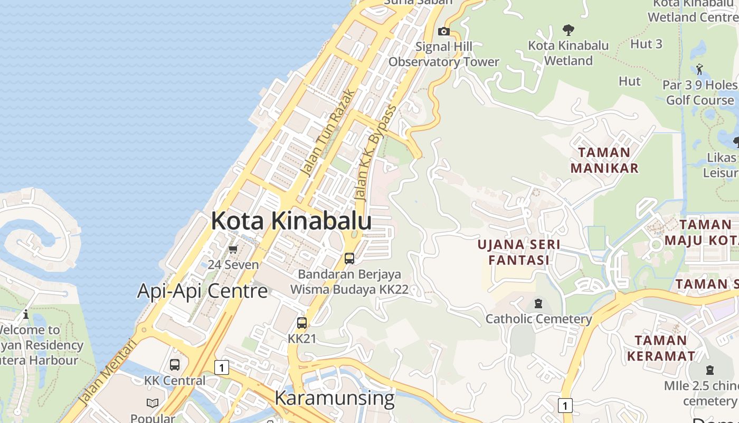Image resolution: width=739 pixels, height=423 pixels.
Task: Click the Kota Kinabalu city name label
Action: click(291, 220)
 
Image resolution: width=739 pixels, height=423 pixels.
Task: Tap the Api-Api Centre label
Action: click(202, 291)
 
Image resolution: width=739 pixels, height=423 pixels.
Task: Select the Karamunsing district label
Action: click(334, 398)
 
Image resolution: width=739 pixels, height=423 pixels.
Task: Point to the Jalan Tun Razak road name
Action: click(328, 133)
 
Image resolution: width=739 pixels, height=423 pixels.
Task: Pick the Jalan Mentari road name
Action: click(107, 372)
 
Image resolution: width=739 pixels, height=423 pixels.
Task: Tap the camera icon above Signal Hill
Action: click(444, 31)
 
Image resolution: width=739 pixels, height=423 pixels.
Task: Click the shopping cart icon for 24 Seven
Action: click(233, 249)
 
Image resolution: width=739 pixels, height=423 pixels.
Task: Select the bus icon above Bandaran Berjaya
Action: click(349, 259)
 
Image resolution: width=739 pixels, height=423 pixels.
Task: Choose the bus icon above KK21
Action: click(302, 323)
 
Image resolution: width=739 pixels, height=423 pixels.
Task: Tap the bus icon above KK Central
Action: click(174, 365)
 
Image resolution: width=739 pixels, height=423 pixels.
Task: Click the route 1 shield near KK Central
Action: click(222, 367)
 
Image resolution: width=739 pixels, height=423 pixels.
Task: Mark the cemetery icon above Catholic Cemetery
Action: click(538, 304)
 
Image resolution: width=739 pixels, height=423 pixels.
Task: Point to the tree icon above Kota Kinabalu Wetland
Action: click(568, 30)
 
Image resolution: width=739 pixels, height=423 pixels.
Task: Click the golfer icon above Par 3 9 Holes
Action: click(700, 69)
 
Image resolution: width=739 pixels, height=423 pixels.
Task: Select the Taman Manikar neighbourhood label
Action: click(604, 160)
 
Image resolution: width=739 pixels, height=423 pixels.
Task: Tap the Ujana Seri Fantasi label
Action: click(519, 252)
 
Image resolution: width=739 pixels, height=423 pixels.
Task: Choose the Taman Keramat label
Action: click(661, 348)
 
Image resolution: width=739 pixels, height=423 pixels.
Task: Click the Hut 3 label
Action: click(646, 44)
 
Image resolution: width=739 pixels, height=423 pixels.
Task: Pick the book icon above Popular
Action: click(153, 403)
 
